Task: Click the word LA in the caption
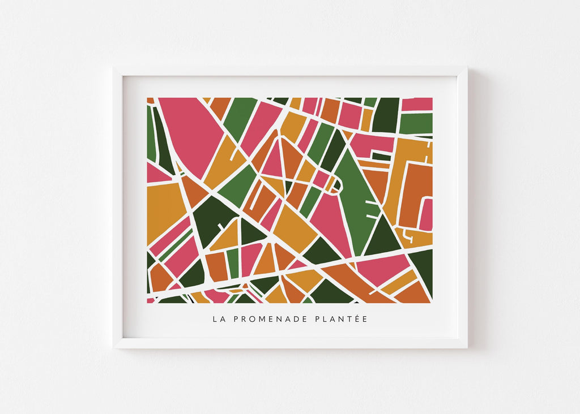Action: coord(217,319)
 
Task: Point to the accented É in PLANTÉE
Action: coord(358,319)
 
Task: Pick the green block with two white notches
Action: coord(357,198)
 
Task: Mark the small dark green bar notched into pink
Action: coord(381,156)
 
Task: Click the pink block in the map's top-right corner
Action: coord(417,104)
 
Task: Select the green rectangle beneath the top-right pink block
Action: coord(416,123)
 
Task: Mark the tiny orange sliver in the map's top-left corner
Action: coord(150,101)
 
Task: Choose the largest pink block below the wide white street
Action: coord(382,268)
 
